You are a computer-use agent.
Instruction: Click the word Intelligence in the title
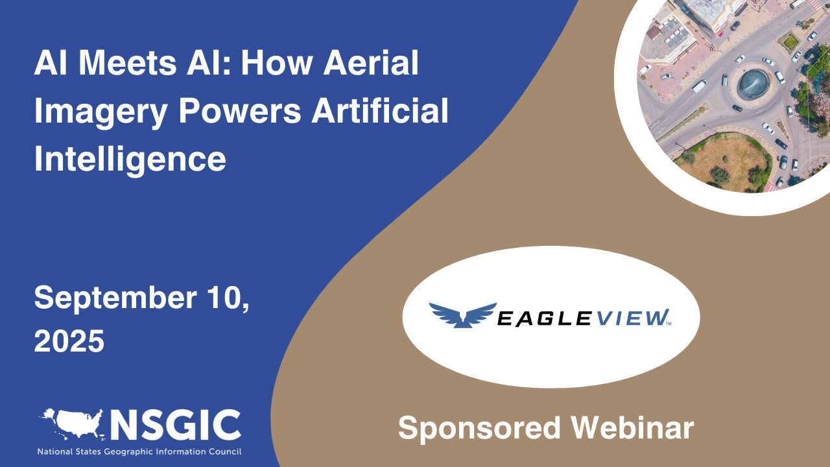point(130,158)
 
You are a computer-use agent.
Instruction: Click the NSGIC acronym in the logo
point(176,425)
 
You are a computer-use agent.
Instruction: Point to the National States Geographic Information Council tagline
point(139,451)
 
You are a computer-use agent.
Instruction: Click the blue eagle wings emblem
point(462,315)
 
